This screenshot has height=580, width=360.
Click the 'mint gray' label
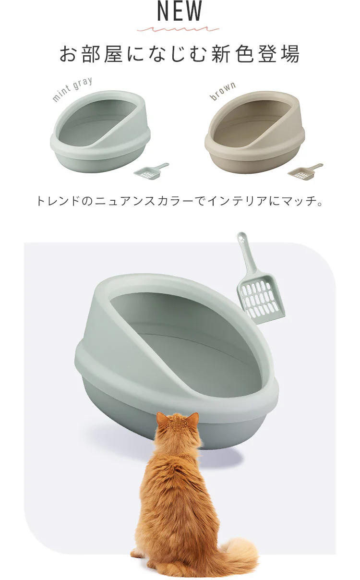click(x=72, y=89)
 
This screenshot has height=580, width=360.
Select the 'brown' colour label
click(x=223, y=91)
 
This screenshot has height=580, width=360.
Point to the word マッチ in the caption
click(x=300, y=201)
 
